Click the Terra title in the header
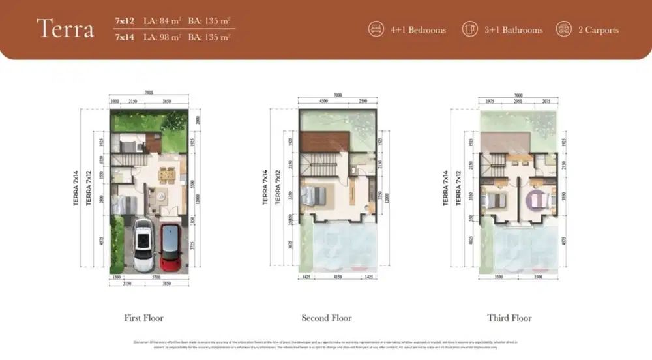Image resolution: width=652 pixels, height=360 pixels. (65, 29)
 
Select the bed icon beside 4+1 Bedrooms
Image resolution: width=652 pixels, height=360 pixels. (376, 29)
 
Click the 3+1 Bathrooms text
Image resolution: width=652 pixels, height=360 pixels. (512, 30)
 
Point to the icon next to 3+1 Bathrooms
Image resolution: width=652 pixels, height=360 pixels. (469, 29)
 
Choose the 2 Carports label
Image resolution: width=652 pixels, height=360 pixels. (599, 30)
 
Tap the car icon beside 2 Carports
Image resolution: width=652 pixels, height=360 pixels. (563, 29)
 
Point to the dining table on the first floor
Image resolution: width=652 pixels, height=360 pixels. (166, 174)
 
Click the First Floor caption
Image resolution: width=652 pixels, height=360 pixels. (143, 318)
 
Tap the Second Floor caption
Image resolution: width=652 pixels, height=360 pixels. (326, 318)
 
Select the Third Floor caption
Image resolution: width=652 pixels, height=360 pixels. (509, 318)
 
